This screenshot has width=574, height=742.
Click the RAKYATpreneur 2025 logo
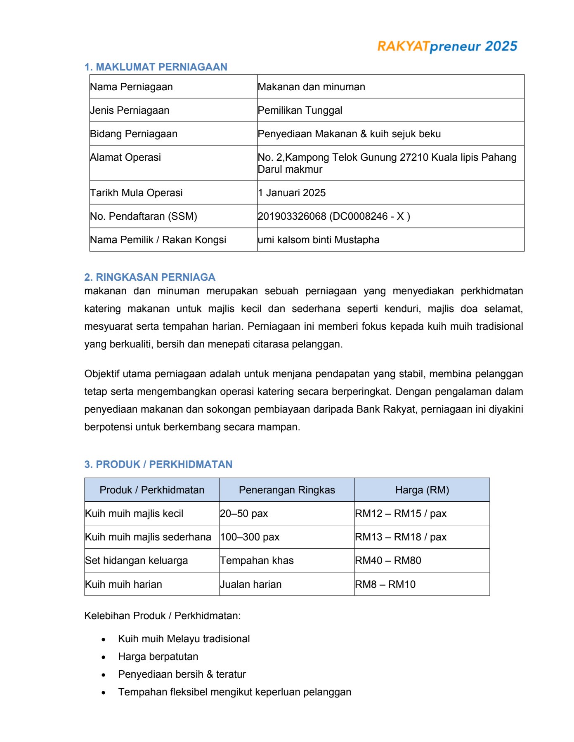[x=447, y=46]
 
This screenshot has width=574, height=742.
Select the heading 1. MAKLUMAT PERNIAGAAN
[x=156, y=67]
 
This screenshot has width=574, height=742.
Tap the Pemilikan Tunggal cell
[x=300, y=110]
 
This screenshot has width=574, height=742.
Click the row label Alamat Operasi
[x=125, y=157]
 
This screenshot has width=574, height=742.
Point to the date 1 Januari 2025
[x=292, y=193]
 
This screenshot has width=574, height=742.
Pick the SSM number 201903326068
[x=292, y=216]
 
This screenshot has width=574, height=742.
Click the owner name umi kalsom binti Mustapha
[x=319, y=240]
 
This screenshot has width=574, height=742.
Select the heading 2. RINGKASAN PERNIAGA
[x=150, y=277]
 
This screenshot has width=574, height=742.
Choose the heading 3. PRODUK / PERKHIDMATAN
[x=158, y=464]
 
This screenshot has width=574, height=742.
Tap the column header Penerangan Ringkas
[x=287, y=490]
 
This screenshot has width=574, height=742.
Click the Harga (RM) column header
[x=422, y=490]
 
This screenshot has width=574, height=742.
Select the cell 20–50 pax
[x=244, y=514]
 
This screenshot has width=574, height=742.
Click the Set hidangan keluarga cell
[x=137, y=561]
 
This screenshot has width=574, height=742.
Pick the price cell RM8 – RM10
[x=385, y=585]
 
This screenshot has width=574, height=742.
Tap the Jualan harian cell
[x=251, y=585]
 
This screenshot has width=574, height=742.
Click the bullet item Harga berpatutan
[x=158, y=657]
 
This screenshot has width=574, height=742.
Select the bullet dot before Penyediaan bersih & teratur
[x=104, y=675]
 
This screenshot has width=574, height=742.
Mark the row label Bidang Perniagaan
[x=134, y=134]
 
